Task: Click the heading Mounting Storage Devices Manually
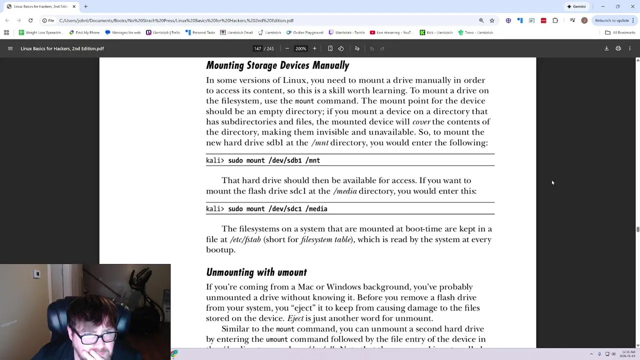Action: pyautogui.click(x=277, y=65)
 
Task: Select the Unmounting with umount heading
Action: pyautogui.click(x=256, y=272)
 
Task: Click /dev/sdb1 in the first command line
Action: pyautogui.click(x=285, y=160)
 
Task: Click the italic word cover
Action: pyautogui.click(x=421, y=122)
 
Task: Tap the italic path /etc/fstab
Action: pyautogui.click(x=245, y=239)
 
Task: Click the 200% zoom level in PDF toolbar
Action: pyautogui.click(x=300, y=48)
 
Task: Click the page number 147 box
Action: pyautogui.click(x=257, y=48)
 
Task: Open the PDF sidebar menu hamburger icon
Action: pyautogui.click(x=10, y=48)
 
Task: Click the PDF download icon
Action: pyautogui.click(x=606, y=48)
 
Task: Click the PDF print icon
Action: pyautogui.click(x=618, y=48)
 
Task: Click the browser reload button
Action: pyautogui.click(x=30, y=20)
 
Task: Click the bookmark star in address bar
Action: pyautogui.click(x=492, y=20)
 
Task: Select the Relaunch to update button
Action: pyautogui.click(x=612, y=20)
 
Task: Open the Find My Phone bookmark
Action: pyautogui.click(x=84, y=32)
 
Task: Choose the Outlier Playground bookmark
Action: pyautogui.click(x=305, y=32)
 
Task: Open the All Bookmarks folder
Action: pyautogui.click(x=620, y=32)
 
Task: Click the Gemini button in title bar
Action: pyautogui.click(x=576, y=6)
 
